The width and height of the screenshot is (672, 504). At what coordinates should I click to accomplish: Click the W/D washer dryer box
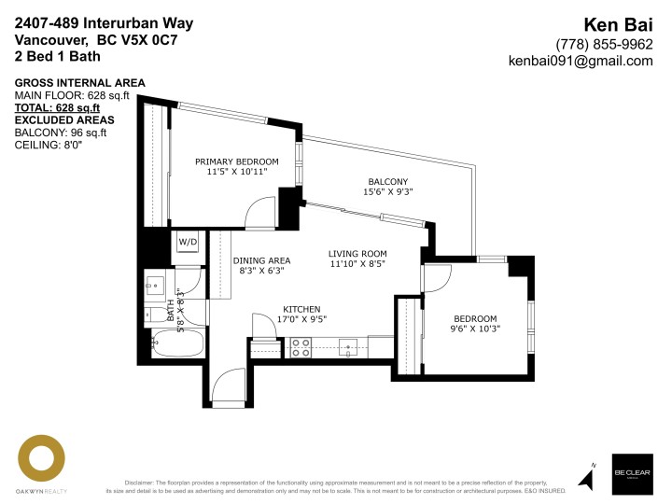189,242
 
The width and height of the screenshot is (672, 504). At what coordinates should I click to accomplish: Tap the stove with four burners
301,347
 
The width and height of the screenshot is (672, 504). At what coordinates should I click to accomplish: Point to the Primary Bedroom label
237,161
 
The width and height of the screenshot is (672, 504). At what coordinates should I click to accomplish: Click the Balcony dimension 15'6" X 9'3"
387,191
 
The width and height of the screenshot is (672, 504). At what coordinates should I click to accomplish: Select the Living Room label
357,254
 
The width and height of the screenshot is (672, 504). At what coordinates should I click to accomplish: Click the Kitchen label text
301,309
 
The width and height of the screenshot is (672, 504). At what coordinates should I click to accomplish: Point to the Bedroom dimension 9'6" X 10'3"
475,329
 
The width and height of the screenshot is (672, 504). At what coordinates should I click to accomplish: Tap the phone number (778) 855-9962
604,44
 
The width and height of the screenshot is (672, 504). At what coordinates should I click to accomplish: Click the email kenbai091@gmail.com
580,61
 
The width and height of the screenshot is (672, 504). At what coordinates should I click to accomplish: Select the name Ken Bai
619,24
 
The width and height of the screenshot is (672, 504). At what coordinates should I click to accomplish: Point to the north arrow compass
589,475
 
